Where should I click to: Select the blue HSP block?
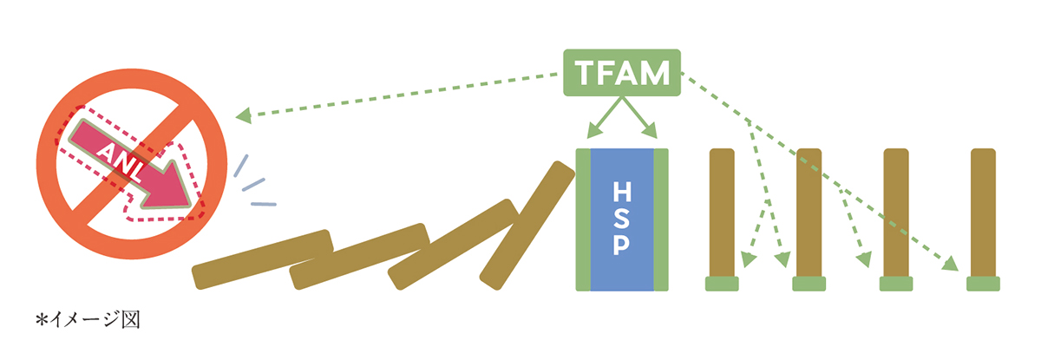[x=621, y=219]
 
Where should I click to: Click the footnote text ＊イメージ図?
[x=87, y=321]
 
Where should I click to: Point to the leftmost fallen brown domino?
[x=262, y=259]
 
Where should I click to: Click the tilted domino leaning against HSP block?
[x=527, y=226]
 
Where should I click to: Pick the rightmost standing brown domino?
[x=982, y=213]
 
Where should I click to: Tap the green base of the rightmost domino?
[x=982, y=284]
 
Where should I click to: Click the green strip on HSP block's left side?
[x=584, y=219]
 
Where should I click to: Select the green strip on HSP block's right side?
[x=661, y=219]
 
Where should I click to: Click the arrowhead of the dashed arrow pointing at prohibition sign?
[x=244, y=114]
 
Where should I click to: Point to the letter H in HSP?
[x=621, y=190]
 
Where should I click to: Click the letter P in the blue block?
[x=621, y=248]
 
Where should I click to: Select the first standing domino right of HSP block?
[x=722, y=213]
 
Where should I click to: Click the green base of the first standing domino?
[x=722, y=284]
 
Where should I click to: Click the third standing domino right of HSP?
[x=896, y=213]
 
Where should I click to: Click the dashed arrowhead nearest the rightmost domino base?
[x=952, y=263]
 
